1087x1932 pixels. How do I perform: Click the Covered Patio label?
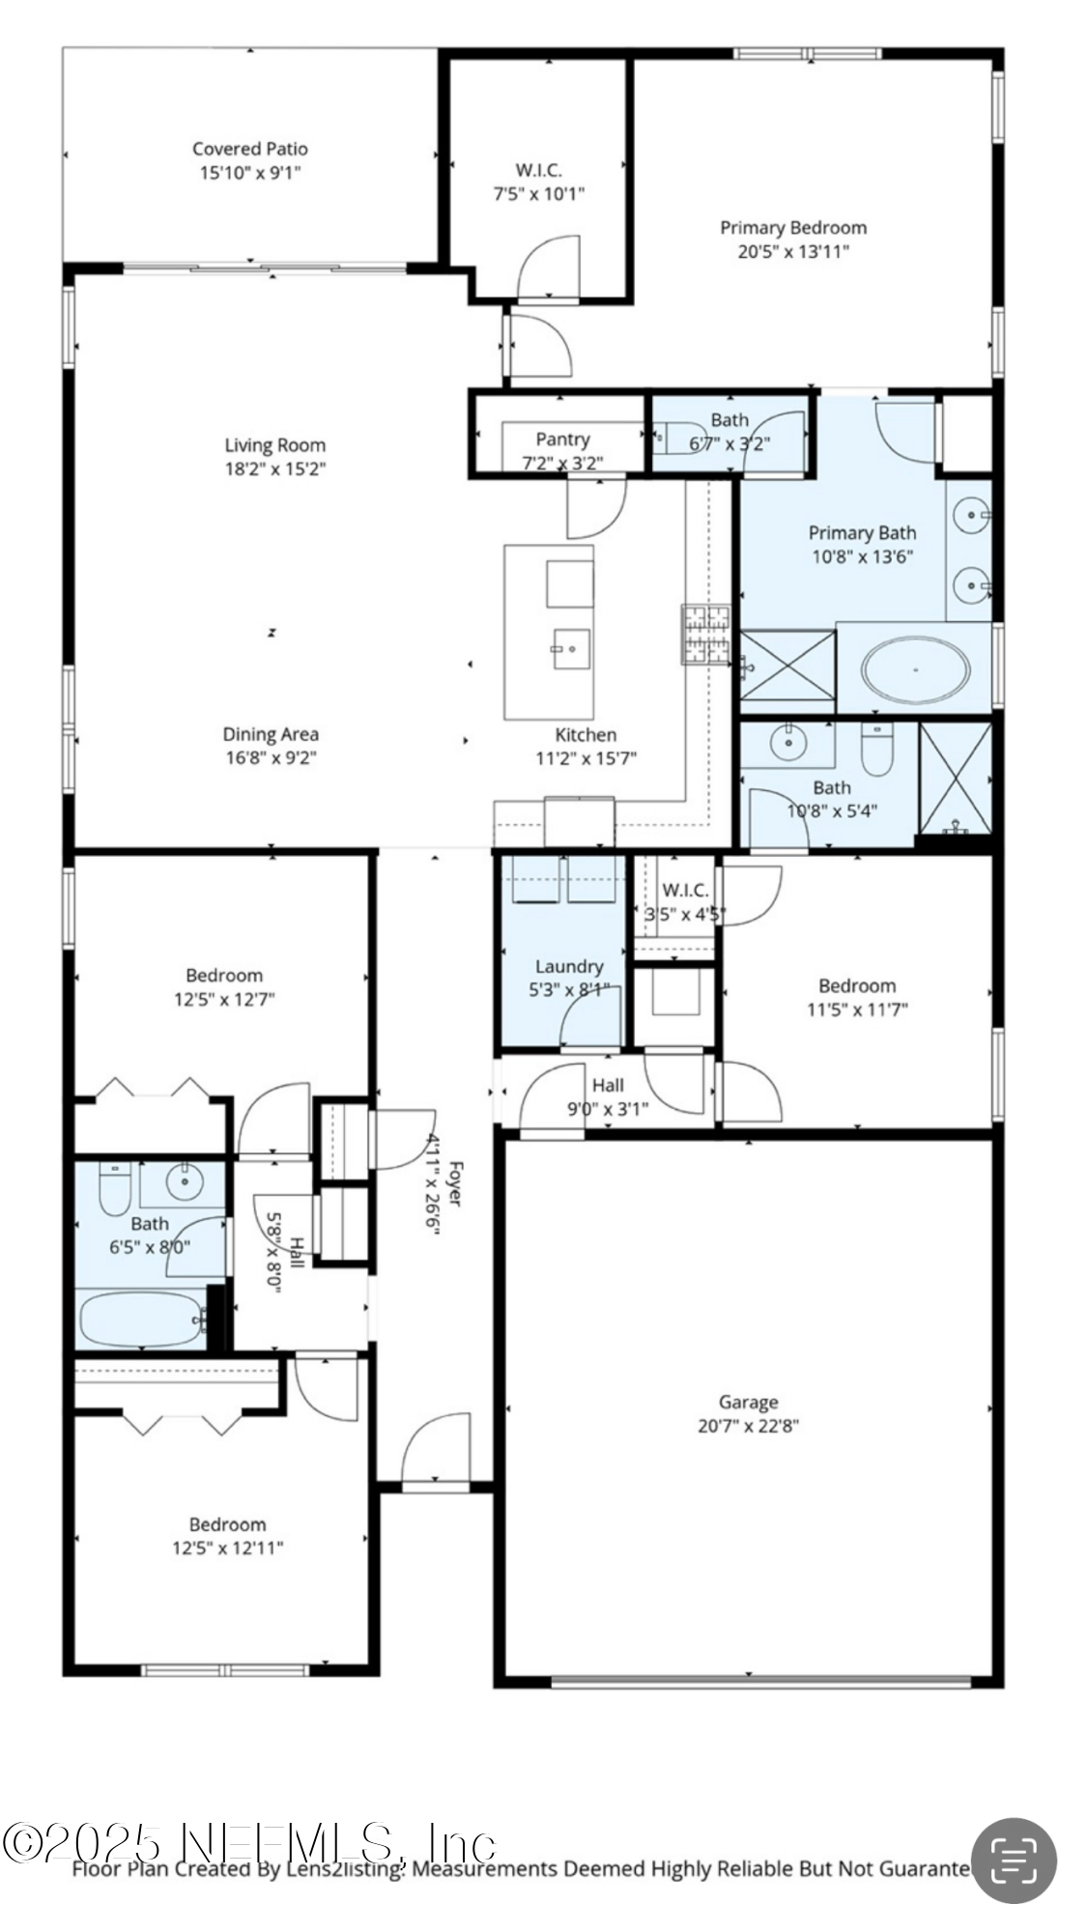[x=249, y=148]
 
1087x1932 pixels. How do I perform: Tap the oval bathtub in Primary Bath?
[x=914, y=668]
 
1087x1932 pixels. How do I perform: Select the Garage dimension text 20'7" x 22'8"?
[x=748, y=1426]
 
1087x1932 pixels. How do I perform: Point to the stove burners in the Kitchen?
[x=705, y=635]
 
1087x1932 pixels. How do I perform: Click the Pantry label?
[x=562, y=440]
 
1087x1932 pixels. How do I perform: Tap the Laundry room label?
[x=568, y=966]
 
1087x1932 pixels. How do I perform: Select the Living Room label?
[x=274, y=445]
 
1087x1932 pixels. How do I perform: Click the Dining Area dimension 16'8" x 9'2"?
[x=271, y=758]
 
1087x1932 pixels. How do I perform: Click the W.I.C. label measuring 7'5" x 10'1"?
[x=538, y=170]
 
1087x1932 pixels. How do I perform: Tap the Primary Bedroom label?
[x=792, y=228]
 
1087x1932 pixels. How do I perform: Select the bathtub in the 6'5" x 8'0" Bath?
[x=141, y=1319]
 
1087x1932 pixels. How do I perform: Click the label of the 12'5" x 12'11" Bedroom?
[x=227, y=1524]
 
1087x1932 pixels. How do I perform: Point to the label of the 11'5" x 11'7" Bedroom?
[x=856, y=985]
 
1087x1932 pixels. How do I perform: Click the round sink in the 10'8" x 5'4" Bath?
[x=789, y=742]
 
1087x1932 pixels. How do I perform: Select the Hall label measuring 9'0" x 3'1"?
[x=608, y=1085]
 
